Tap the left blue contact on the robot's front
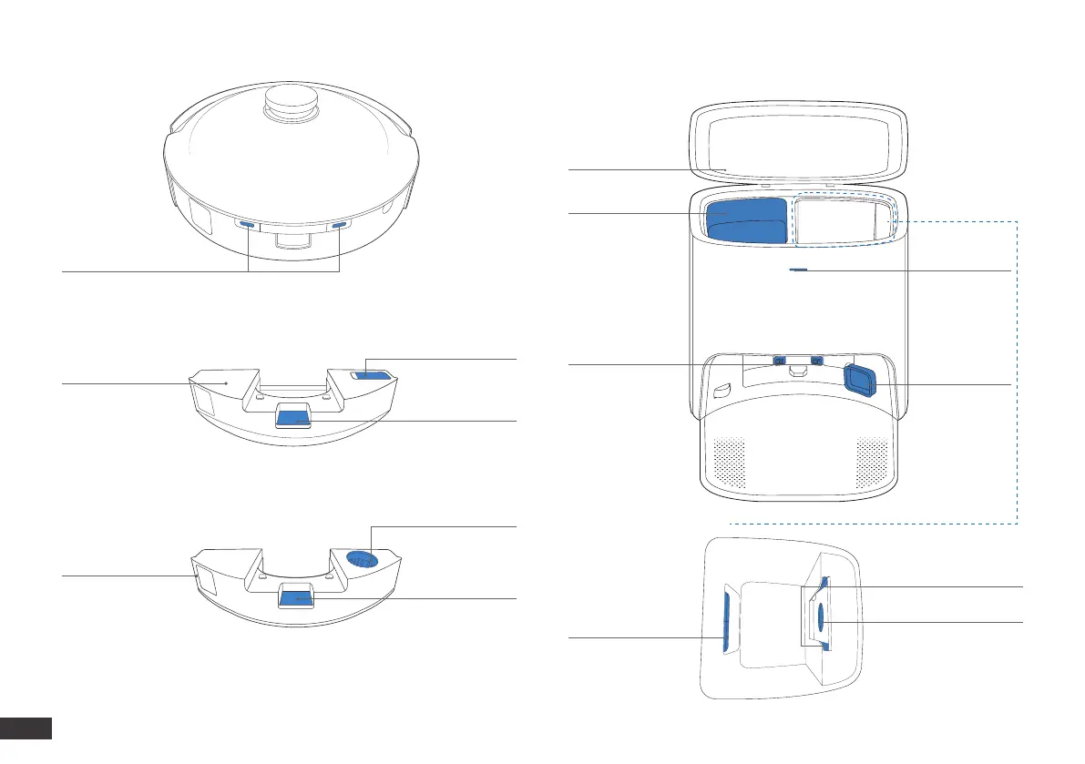tap(247, 223)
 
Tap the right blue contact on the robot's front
tap(339, 224)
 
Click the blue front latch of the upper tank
tap(294, 418)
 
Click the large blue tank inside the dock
tap(746, 219)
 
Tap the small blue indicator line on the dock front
tap(799, 270)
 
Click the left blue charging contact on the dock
tap(779, 361)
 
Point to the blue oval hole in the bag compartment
tap(820, 616)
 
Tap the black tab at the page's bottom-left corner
tap(26, 728)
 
